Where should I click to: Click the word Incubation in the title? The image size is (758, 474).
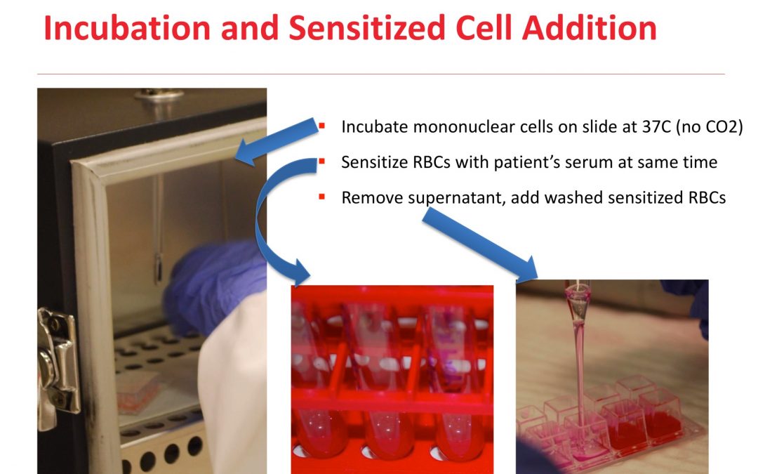pos(127,27)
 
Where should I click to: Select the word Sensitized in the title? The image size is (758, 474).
pos(367,27)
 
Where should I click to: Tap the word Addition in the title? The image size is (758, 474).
pos(590,27)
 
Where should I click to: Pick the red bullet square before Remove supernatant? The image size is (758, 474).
pos(321,197)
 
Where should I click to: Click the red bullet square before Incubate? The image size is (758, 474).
pos(321,126)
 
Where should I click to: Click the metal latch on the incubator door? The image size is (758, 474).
pos(58,367)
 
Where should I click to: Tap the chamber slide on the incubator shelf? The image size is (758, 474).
pos(138,391)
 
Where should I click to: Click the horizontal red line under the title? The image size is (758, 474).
pos(381,74)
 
